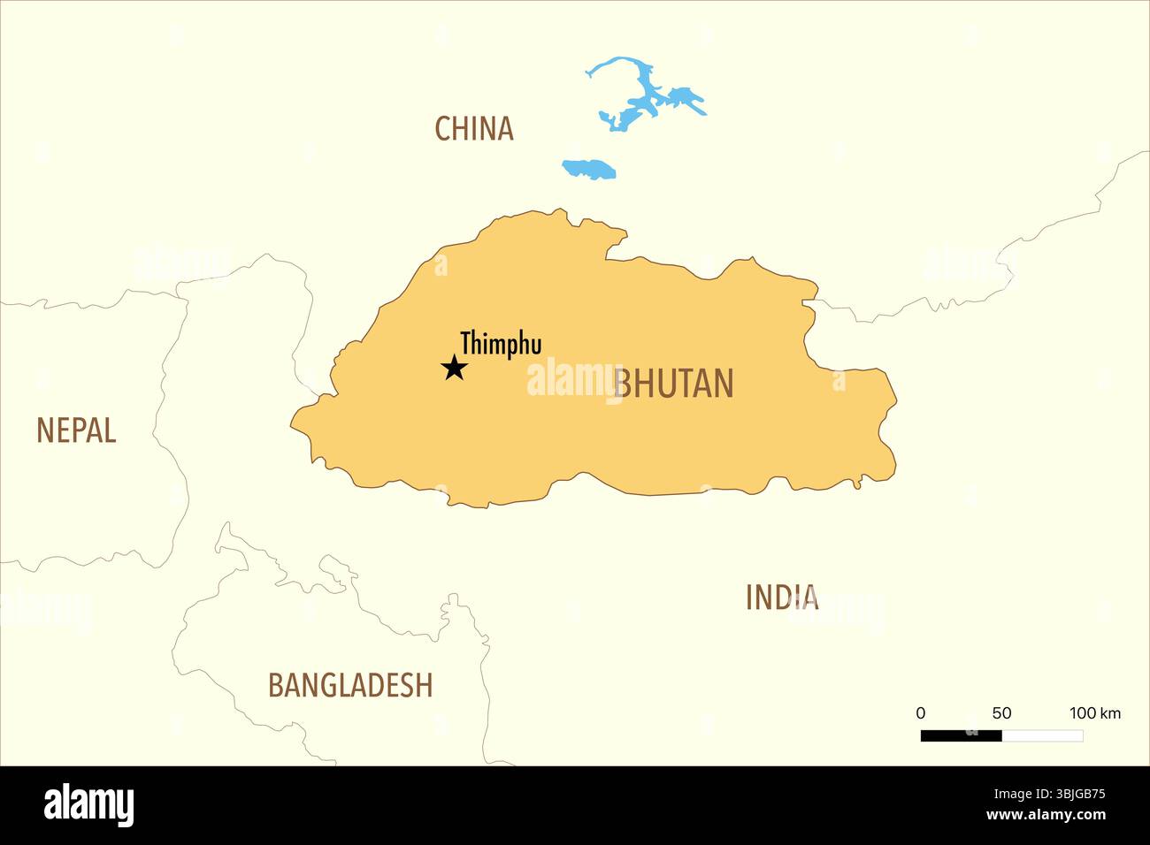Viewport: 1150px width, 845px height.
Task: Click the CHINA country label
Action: (x=473, y=129)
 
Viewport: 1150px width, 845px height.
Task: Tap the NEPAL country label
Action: (x=76, y=430)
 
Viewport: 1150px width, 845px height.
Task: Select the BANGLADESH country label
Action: (x=350, y=685)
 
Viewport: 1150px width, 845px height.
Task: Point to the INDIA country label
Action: (x=782, y=598)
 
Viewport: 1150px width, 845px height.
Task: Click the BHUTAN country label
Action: (x=674, y=384)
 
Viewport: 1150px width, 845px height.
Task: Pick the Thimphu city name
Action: (x=501, y=344)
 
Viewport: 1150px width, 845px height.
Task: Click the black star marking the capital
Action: (x=454, y=367)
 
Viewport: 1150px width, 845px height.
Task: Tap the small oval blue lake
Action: (x=589, y=169)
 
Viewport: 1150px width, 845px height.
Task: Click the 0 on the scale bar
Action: (x=921, y=713)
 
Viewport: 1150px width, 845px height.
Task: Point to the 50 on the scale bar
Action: (x=1001, y=713)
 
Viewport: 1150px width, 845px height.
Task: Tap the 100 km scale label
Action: (x=1095, y=713)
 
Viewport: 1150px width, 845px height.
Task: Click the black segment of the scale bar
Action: (x=961, y=735)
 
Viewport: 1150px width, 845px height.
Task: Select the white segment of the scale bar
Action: (x=1042, y=735)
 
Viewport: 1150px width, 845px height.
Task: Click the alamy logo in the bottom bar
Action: (x=88, y=805)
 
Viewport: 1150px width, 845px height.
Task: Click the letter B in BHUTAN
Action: (x=623, y=384)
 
